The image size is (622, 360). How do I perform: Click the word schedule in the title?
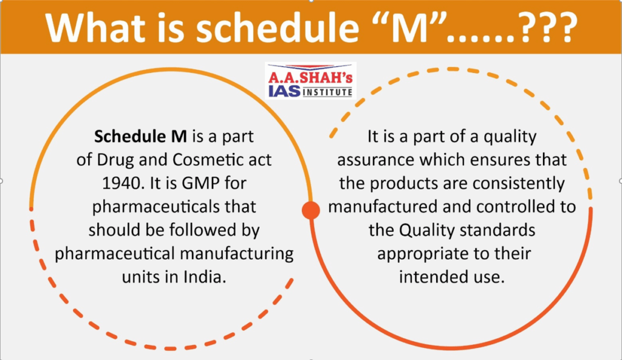(277, 27)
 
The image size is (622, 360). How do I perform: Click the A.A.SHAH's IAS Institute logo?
(310, 81)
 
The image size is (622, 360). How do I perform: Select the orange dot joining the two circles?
(311, 210)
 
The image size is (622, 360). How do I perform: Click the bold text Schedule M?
(140, 137)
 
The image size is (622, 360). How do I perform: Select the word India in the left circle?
(205, 277)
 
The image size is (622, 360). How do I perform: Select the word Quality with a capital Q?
(427, 230)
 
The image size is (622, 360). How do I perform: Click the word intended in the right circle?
(431, 277)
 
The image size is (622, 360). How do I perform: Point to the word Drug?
(115, 160)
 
